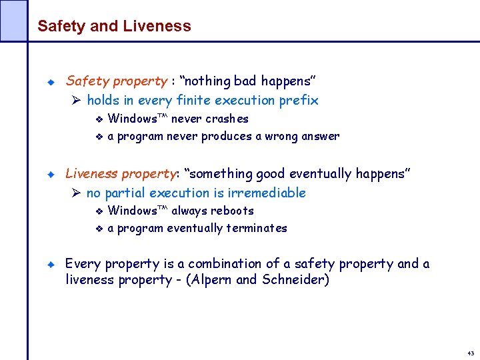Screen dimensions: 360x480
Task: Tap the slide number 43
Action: (471, 353)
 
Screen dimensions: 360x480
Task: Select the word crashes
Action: (227, 119)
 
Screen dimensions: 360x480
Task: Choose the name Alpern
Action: (213, 280)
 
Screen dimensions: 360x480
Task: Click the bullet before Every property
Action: (50, 265)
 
